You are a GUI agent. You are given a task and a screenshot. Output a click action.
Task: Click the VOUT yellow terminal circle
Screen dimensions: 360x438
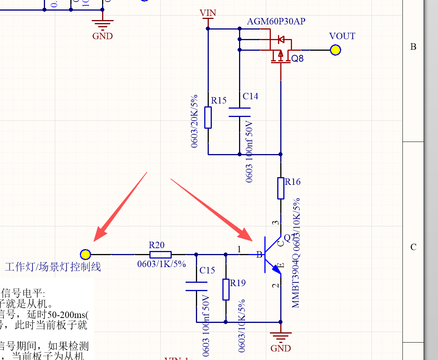[335, 50]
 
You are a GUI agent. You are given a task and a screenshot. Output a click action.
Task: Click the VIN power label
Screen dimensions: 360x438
[208, 13]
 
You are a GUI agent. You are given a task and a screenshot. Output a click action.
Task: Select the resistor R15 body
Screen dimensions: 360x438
[208, 117]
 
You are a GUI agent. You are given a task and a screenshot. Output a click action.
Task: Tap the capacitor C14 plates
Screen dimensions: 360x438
[239, 112]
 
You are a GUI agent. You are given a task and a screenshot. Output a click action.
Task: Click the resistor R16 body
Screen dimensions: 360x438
[281, 188]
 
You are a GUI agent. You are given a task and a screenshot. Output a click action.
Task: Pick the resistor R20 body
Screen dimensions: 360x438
[160, 255]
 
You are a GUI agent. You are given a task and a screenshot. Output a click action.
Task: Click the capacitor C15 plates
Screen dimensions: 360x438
[196, 287]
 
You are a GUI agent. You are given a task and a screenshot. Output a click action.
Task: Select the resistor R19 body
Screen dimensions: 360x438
[226, 290]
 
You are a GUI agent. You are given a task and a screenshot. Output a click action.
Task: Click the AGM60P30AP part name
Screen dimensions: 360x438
[276, 22]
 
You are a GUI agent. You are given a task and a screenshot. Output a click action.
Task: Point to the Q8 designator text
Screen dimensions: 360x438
[297, 59]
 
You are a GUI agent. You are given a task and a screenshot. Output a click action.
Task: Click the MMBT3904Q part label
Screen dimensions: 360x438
[296, 280]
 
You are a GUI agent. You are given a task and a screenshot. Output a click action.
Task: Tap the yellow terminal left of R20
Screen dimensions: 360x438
[85, 254]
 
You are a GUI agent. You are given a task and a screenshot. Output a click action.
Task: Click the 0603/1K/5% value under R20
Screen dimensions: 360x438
[162, 264]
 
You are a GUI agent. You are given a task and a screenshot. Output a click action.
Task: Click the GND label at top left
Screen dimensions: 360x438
[103, 36]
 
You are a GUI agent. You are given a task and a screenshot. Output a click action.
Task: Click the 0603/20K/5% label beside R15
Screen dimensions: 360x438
[195, 121]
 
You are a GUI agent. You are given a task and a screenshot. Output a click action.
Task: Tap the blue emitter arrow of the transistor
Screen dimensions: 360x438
[276, 269]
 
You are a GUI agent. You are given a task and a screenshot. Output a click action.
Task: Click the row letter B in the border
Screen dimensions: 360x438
[413, 47]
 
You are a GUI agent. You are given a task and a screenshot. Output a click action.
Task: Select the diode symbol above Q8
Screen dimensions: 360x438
[281, 39]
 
